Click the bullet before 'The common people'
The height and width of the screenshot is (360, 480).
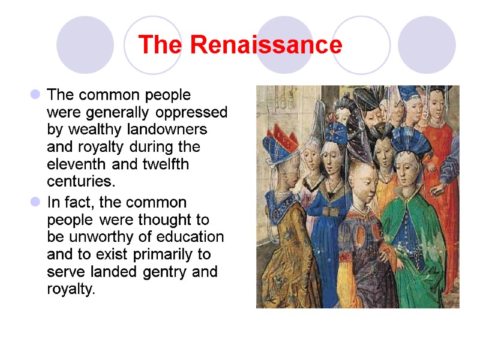[x=35, y=95]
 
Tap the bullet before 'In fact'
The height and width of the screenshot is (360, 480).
[x=35, y=202]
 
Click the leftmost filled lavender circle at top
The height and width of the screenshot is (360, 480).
[x=85, y=45]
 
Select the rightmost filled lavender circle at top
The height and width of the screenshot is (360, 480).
[x=427, y=45]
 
